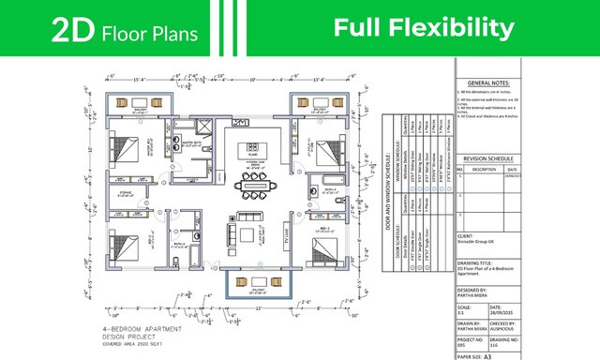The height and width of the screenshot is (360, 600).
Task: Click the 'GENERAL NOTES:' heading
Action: pyautogui.click(x=502, y=83)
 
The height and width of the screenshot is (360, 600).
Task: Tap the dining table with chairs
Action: pyautogui.click(x=254, y=187)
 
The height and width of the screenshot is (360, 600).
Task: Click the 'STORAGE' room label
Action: pyautogui.click(x=126, y=193)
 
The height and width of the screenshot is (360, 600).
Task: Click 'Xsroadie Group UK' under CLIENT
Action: pyautogui.click(x=482, y=243)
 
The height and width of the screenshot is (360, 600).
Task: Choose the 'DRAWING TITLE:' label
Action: pyautogui.click(x=478, y=262)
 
